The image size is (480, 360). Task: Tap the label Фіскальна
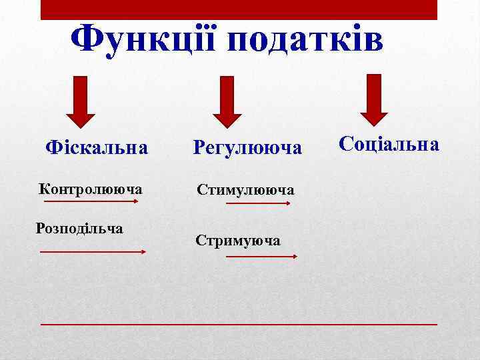tap(96, 146)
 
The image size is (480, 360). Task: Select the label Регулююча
tap(247, 147)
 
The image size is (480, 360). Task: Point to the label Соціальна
tap(389, 144)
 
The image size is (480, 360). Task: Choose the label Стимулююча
tap(245, 190)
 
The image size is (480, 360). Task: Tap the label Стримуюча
tap(238, 240)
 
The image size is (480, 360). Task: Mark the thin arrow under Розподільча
tap(93, 252)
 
